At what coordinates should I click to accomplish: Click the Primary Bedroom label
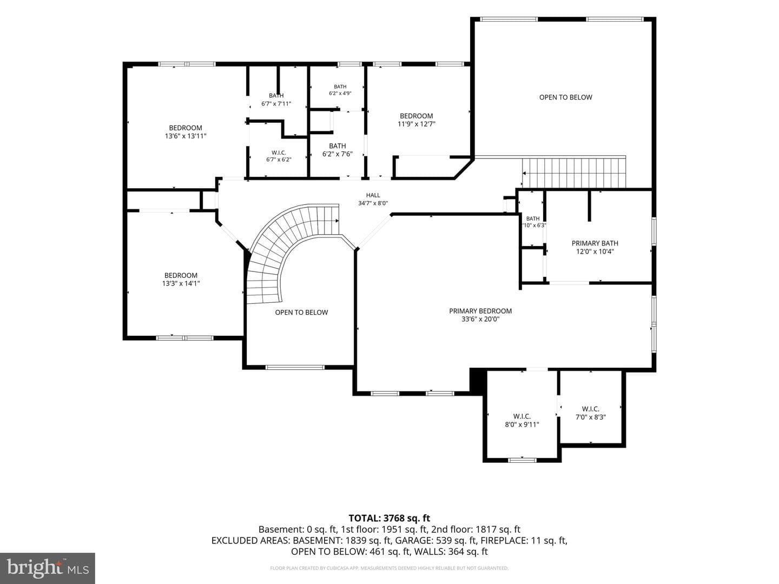click(480, 315)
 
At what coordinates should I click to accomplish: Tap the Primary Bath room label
click(595, 247)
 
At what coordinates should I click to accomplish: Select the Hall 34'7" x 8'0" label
click(373, 200)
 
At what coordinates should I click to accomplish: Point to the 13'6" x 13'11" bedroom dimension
click(186, 136)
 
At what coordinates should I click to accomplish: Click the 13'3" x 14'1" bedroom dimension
click(181, 283)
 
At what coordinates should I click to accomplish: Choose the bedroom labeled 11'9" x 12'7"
click(417, 120)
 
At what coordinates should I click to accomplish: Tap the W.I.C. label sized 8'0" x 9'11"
click(522, 420)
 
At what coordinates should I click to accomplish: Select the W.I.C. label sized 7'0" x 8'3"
click(591, 413)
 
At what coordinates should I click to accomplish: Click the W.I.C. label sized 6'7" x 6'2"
click(279, 156)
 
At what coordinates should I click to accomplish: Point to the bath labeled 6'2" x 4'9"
click(340, 90)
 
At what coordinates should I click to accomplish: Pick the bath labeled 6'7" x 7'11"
click(276, 99)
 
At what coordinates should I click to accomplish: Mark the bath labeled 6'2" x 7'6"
click(338, 150)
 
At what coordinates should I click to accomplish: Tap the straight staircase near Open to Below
click(573, 172)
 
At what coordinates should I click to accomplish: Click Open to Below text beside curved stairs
click(301, 313)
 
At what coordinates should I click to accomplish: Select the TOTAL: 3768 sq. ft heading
click(389, 519)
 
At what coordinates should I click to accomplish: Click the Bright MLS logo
click(48, 568)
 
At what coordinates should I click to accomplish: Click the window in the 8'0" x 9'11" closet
click(522, 460)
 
